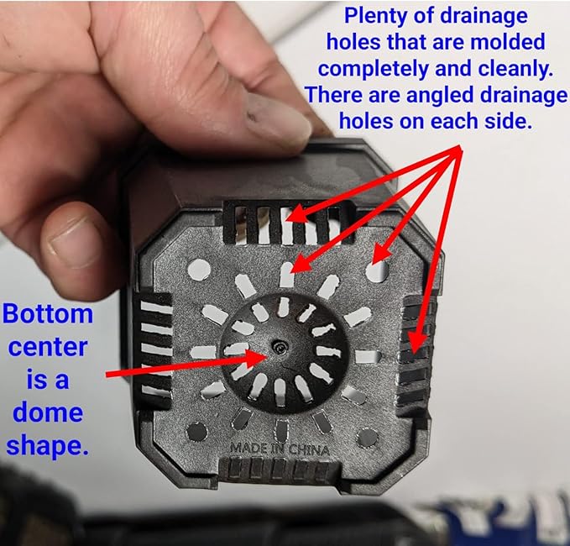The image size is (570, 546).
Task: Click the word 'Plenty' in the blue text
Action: pos(375,16)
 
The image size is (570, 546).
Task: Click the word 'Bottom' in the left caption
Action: pos(48,313)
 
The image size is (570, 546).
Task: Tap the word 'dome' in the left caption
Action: pos(48,412)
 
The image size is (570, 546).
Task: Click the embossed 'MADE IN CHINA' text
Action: pos(280,449)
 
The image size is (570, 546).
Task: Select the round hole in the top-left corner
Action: pos(199,270)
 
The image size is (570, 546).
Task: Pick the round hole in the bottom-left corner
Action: pos(197,432)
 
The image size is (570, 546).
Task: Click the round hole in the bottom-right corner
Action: pos(368,438)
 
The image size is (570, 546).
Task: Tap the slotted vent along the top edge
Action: pos(288,223)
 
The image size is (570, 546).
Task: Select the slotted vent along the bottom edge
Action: pos(280,469)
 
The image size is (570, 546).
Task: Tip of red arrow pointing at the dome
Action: pos(268,356)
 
